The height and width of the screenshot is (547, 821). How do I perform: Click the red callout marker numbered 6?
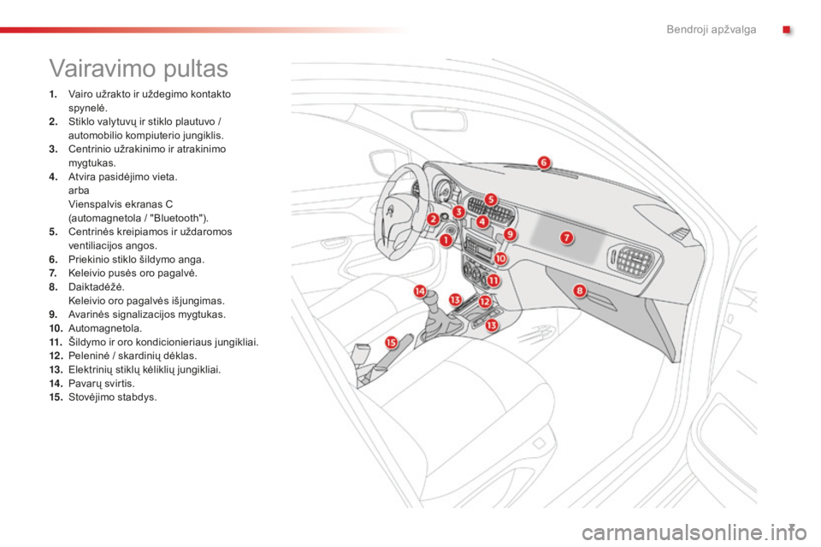pyautogui.click(x=544, y=162)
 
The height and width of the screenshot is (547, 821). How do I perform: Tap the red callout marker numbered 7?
pyautogui.click(x=566, y=238)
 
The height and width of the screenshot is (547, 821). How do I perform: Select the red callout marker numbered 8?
pyautogui.click(x=580, y=291)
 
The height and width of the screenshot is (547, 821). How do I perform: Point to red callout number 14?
pyautogui.click(x=420, y=291)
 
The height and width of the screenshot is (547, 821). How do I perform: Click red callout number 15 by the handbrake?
pyautogui.click(x=391, y=343)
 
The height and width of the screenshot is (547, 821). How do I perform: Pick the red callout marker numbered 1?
pyautogui.click(x=446, y=240)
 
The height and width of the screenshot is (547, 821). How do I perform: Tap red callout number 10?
pyautogui.click(x=500, y=258)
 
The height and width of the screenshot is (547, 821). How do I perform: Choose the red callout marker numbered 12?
pyautogui.click(x=485, y=302)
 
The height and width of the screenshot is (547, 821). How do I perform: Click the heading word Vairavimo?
pyautogui.click(x=103, y=68)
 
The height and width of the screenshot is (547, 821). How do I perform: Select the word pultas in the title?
pyautogui.click(x=196, y=69)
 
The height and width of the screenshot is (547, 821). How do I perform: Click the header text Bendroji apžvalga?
pyautogui.click(x=711, y=29)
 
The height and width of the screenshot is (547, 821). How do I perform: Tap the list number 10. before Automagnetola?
pyautogui.click(x=56, y=329)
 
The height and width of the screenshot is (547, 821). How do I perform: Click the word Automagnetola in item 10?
pyautogui.click(x=105, y=329)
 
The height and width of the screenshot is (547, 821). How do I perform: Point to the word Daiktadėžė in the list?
pyautogui.click(x=97, y=287)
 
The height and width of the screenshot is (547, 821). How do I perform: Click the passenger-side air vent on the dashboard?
pyautogui.click(x=633, y=261)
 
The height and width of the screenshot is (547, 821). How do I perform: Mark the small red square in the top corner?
pyautogui.click(x=787, y=30)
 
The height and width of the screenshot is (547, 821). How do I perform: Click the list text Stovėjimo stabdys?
pyautogui.click(x=113, y=397)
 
